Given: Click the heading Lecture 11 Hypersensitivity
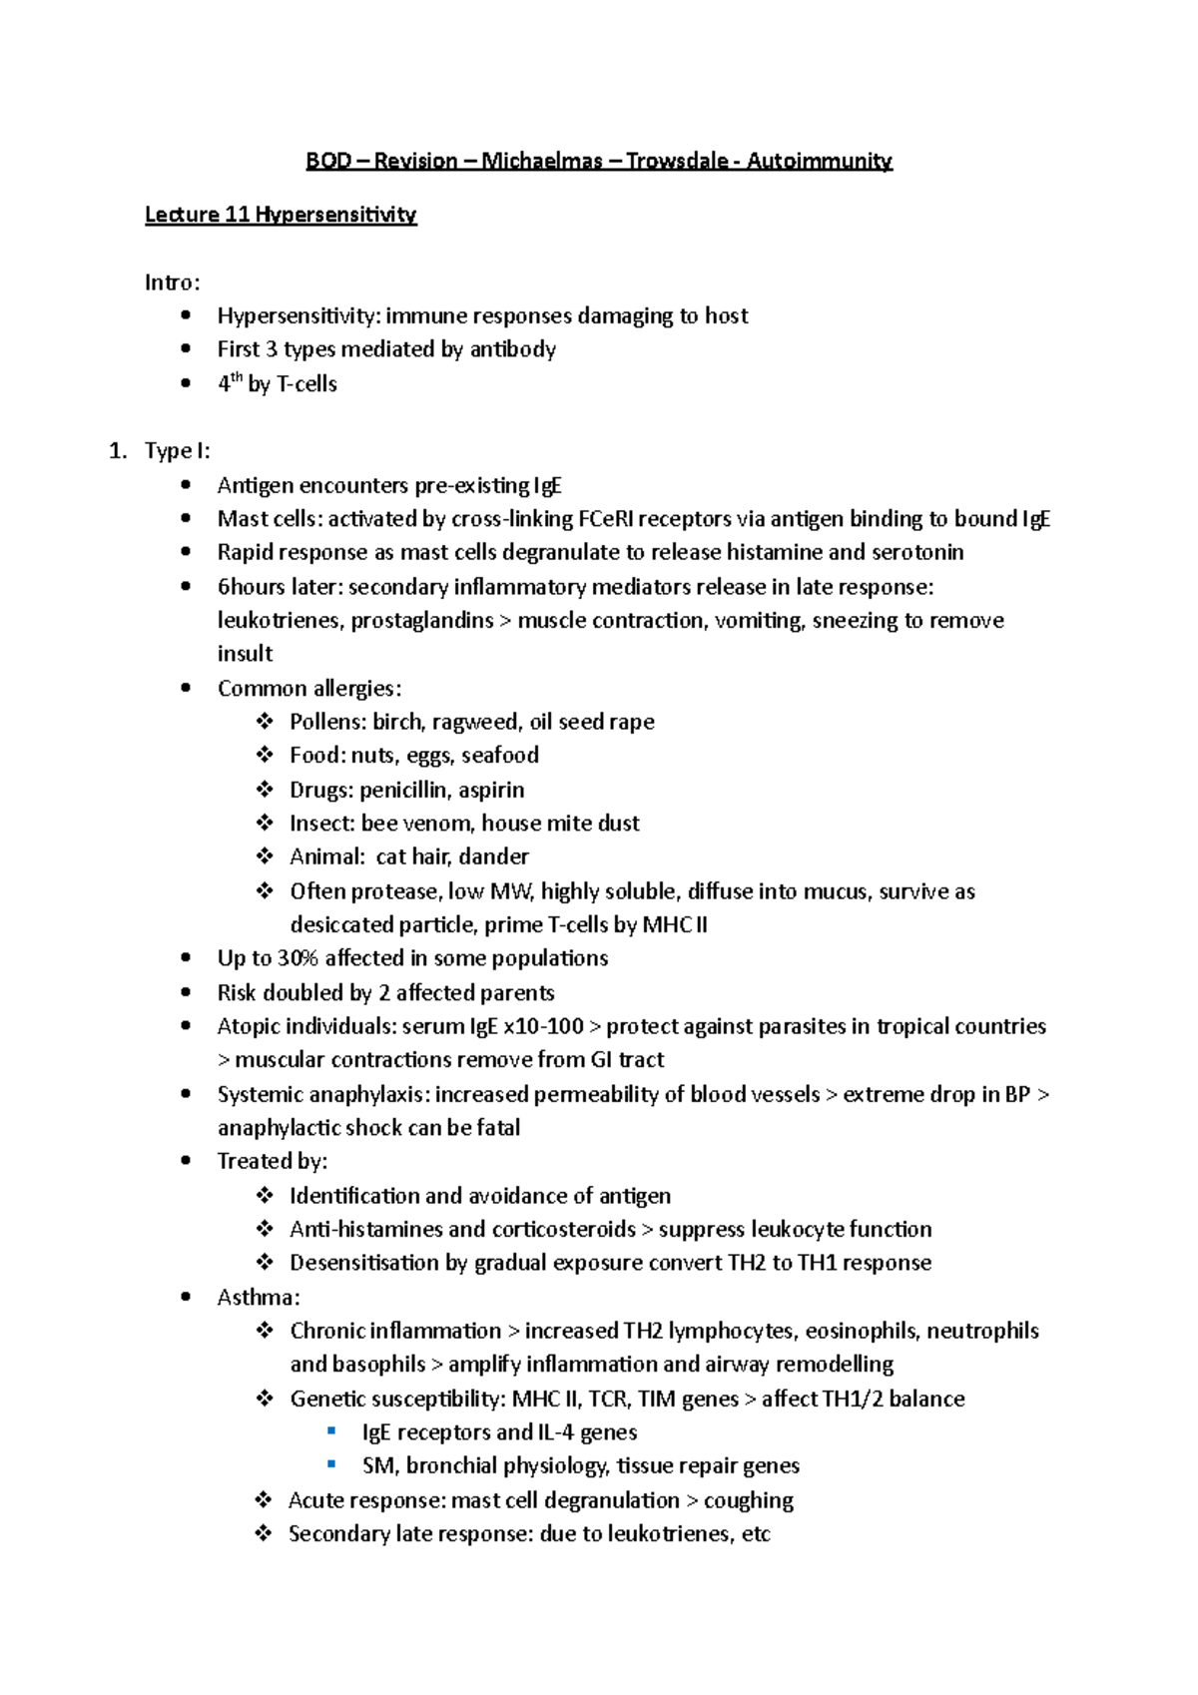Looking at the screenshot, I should [x=281, y=215].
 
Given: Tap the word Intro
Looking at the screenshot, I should [x=170, y=282].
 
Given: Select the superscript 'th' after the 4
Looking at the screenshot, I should [x=237, y=377].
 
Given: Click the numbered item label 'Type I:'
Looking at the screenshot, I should [x=177, y=451].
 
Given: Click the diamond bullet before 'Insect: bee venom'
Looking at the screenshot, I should [x=265, y=824].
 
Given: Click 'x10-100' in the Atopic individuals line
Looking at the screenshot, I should [x=543, y=1026].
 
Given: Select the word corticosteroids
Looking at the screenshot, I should [x=562, y=1229].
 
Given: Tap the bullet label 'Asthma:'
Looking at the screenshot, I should [x=259, y=1298].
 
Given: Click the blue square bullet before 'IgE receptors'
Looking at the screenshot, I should [x=332, y=1431].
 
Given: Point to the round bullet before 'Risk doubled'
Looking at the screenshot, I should [x=186, y=993].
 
